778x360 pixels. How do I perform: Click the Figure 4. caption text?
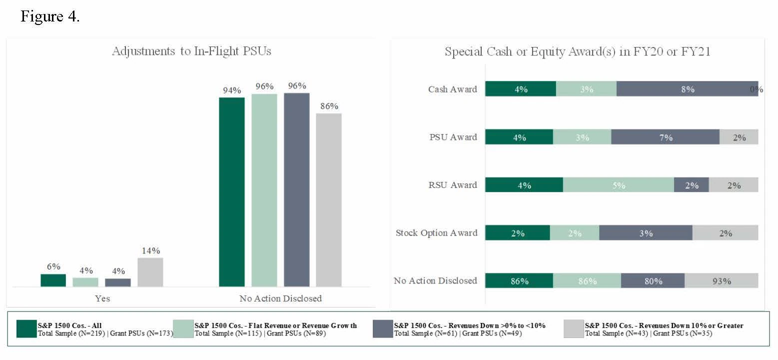click(50, 16)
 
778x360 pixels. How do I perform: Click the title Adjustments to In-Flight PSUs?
click(191, 51)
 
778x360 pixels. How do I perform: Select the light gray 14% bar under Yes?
click(150, 272)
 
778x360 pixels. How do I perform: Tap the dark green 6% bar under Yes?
click(53, 280)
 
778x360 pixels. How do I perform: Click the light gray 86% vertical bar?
click(329, 199)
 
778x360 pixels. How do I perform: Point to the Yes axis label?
click(102, 298)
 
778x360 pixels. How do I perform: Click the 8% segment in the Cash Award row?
click(687, 89)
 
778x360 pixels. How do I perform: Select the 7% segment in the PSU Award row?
click(665, 137)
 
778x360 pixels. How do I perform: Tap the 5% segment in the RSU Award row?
click(618, 185)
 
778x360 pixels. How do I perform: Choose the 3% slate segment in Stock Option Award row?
click(646, 233)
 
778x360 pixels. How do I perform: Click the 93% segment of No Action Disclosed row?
click(721, 281)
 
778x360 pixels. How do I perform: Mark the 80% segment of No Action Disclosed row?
click(653, 281)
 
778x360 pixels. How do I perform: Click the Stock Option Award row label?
click(436, 233)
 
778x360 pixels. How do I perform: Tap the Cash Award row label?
click(452, 89)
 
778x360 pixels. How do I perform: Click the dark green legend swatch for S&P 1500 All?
click(26, 329)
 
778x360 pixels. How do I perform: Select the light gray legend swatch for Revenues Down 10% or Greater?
click(574, 329)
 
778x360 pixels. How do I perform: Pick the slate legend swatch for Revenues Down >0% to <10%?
click(383, 329)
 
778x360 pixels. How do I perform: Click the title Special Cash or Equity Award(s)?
click(577, 51)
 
